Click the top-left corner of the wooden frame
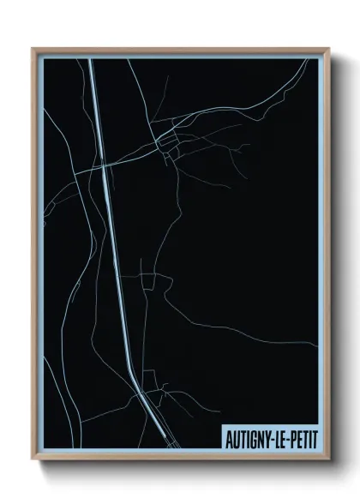pos(33,49)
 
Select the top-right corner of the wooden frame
pos(328,49)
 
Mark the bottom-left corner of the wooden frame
pos(33,459)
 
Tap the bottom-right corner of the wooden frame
pos(328,459)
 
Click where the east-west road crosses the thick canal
pos(104,163)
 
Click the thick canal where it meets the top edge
pos(89,60)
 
